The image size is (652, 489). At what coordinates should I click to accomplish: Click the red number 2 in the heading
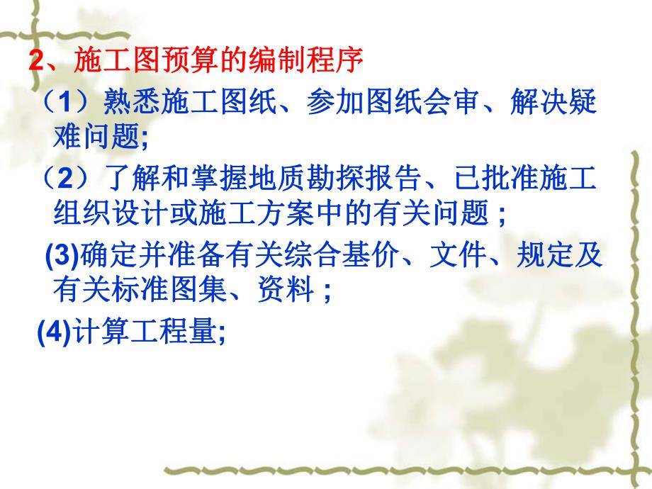coord(36,61)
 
